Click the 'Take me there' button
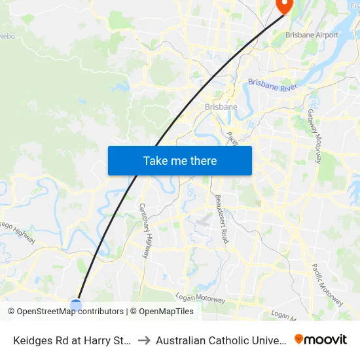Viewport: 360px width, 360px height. point(180,160)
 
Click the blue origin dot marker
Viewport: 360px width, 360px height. point(76,304)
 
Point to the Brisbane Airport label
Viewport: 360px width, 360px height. point(312,35)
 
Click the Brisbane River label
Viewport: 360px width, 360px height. point(273,86)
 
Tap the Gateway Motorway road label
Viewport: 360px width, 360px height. point(314,136)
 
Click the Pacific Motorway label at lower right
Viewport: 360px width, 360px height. point(327,285)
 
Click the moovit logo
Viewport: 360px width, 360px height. point(321,340)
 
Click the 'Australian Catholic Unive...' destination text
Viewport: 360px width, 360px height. point(220,340)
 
